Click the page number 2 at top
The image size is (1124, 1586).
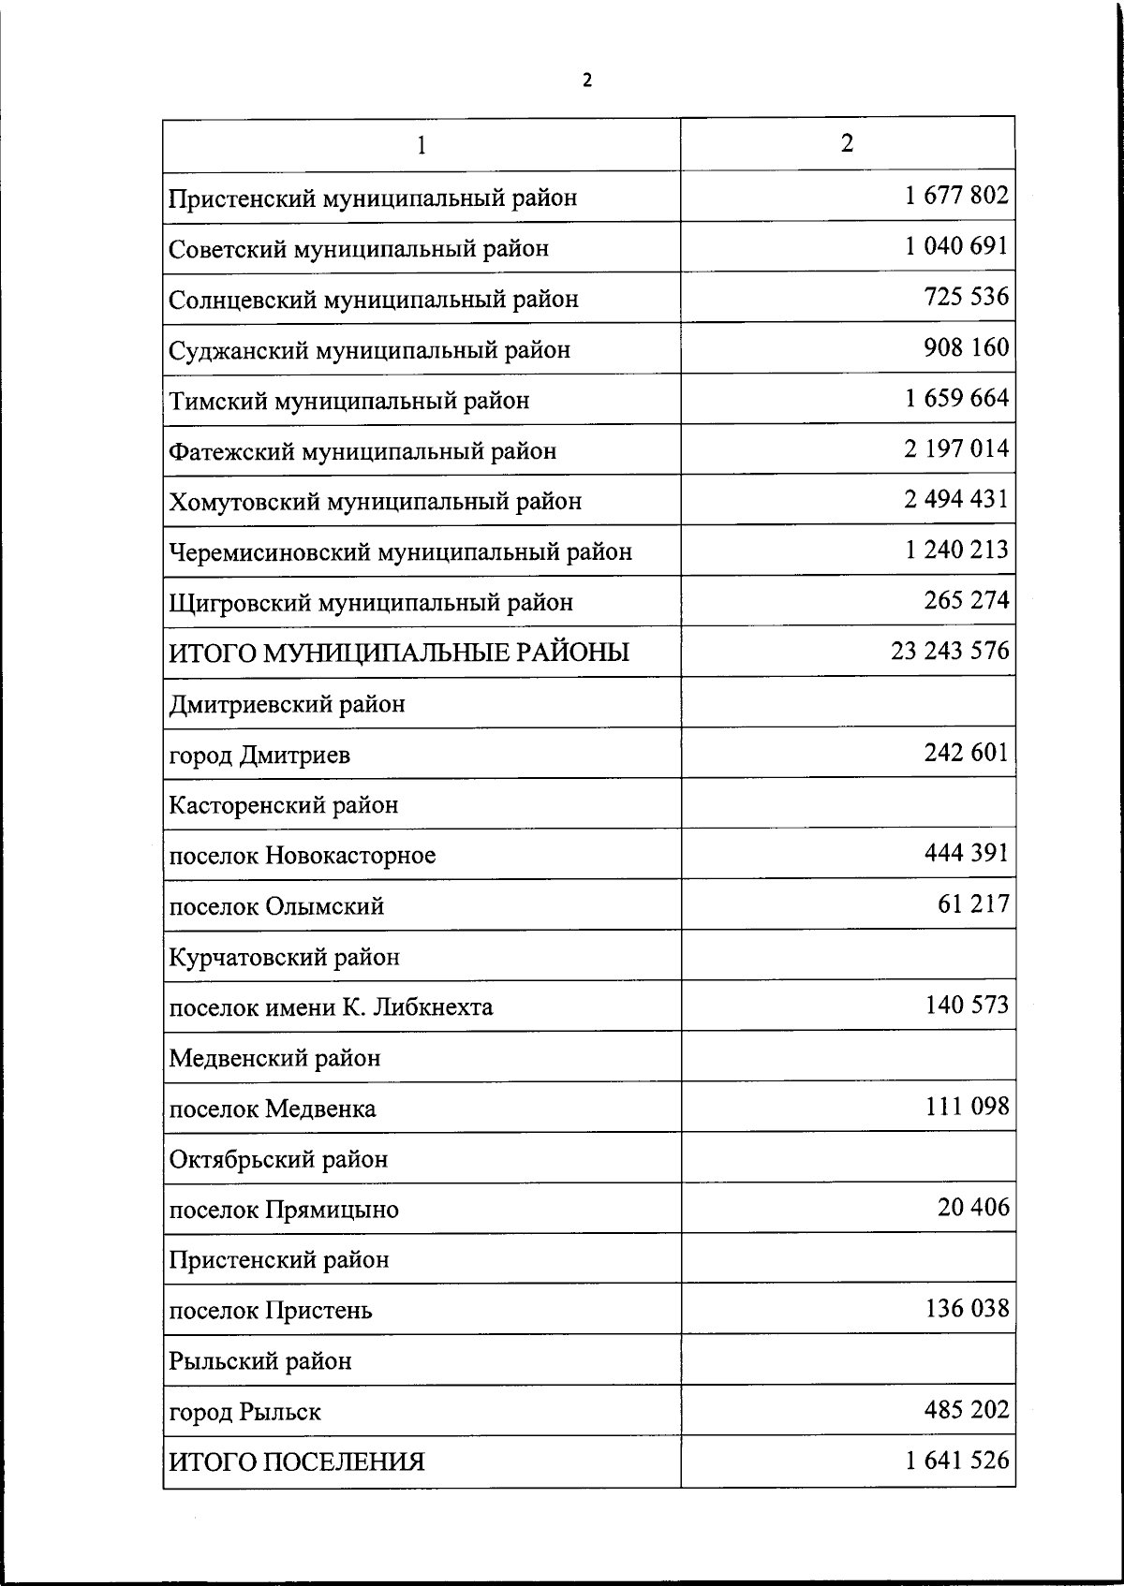pyautogui.click(x=587, y=81)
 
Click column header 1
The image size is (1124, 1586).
pyautogui.click(x=422, y=145)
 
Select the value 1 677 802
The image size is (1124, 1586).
pyautogui.click(x=956, y=195)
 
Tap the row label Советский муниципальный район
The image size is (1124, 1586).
pyautogui.click(x=359, y=249)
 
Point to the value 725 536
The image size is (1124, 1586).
pyautogui.click(x=967, y=297)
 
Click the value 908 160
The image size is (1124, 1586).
pyautogui.click(x=967, y=347)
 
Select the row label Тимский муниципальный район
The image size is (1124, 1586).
pyautogui.click(x=349, y=401)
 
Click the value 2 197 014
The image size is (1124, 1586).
pyautogui.click(x=956, y=448)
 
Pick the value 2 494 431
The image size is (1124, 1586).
pyautogui.click(x=956, y=499)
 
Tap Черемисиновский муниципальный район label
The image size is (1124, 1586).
pyautogui.click(x=401, y=552)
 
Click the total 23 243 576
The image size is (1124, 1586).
pyautogui.click(x=950, y=651)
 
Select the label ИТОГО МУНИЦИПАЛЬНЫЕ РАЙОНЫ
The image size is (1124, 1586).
pyautogui.click(x=399, y=653)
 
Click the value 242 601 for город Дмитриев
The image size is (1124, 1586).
pyautogui.click(x=967, y=753)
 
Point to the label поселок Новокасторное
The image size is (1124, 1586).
pyautogui.click(x=303, y=856)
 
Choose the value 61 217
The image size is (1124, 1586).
pyautogui.click(x=973, y=903)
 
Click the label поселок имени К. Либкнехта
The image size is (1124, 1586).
pyautogui.click(x=331, y=1007)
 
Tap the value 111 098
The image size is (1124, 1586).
pyautogui.click(x=967, y=1106)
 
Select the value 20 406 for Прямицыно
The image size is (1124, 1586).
pyautogui.click(x=973, y=1207)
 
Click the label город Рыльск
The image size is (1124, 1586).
pyautogui.click(x=245, y=1412)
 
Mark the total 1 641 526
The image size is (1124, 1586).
pyautogui.click(x=956, y=1460)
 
